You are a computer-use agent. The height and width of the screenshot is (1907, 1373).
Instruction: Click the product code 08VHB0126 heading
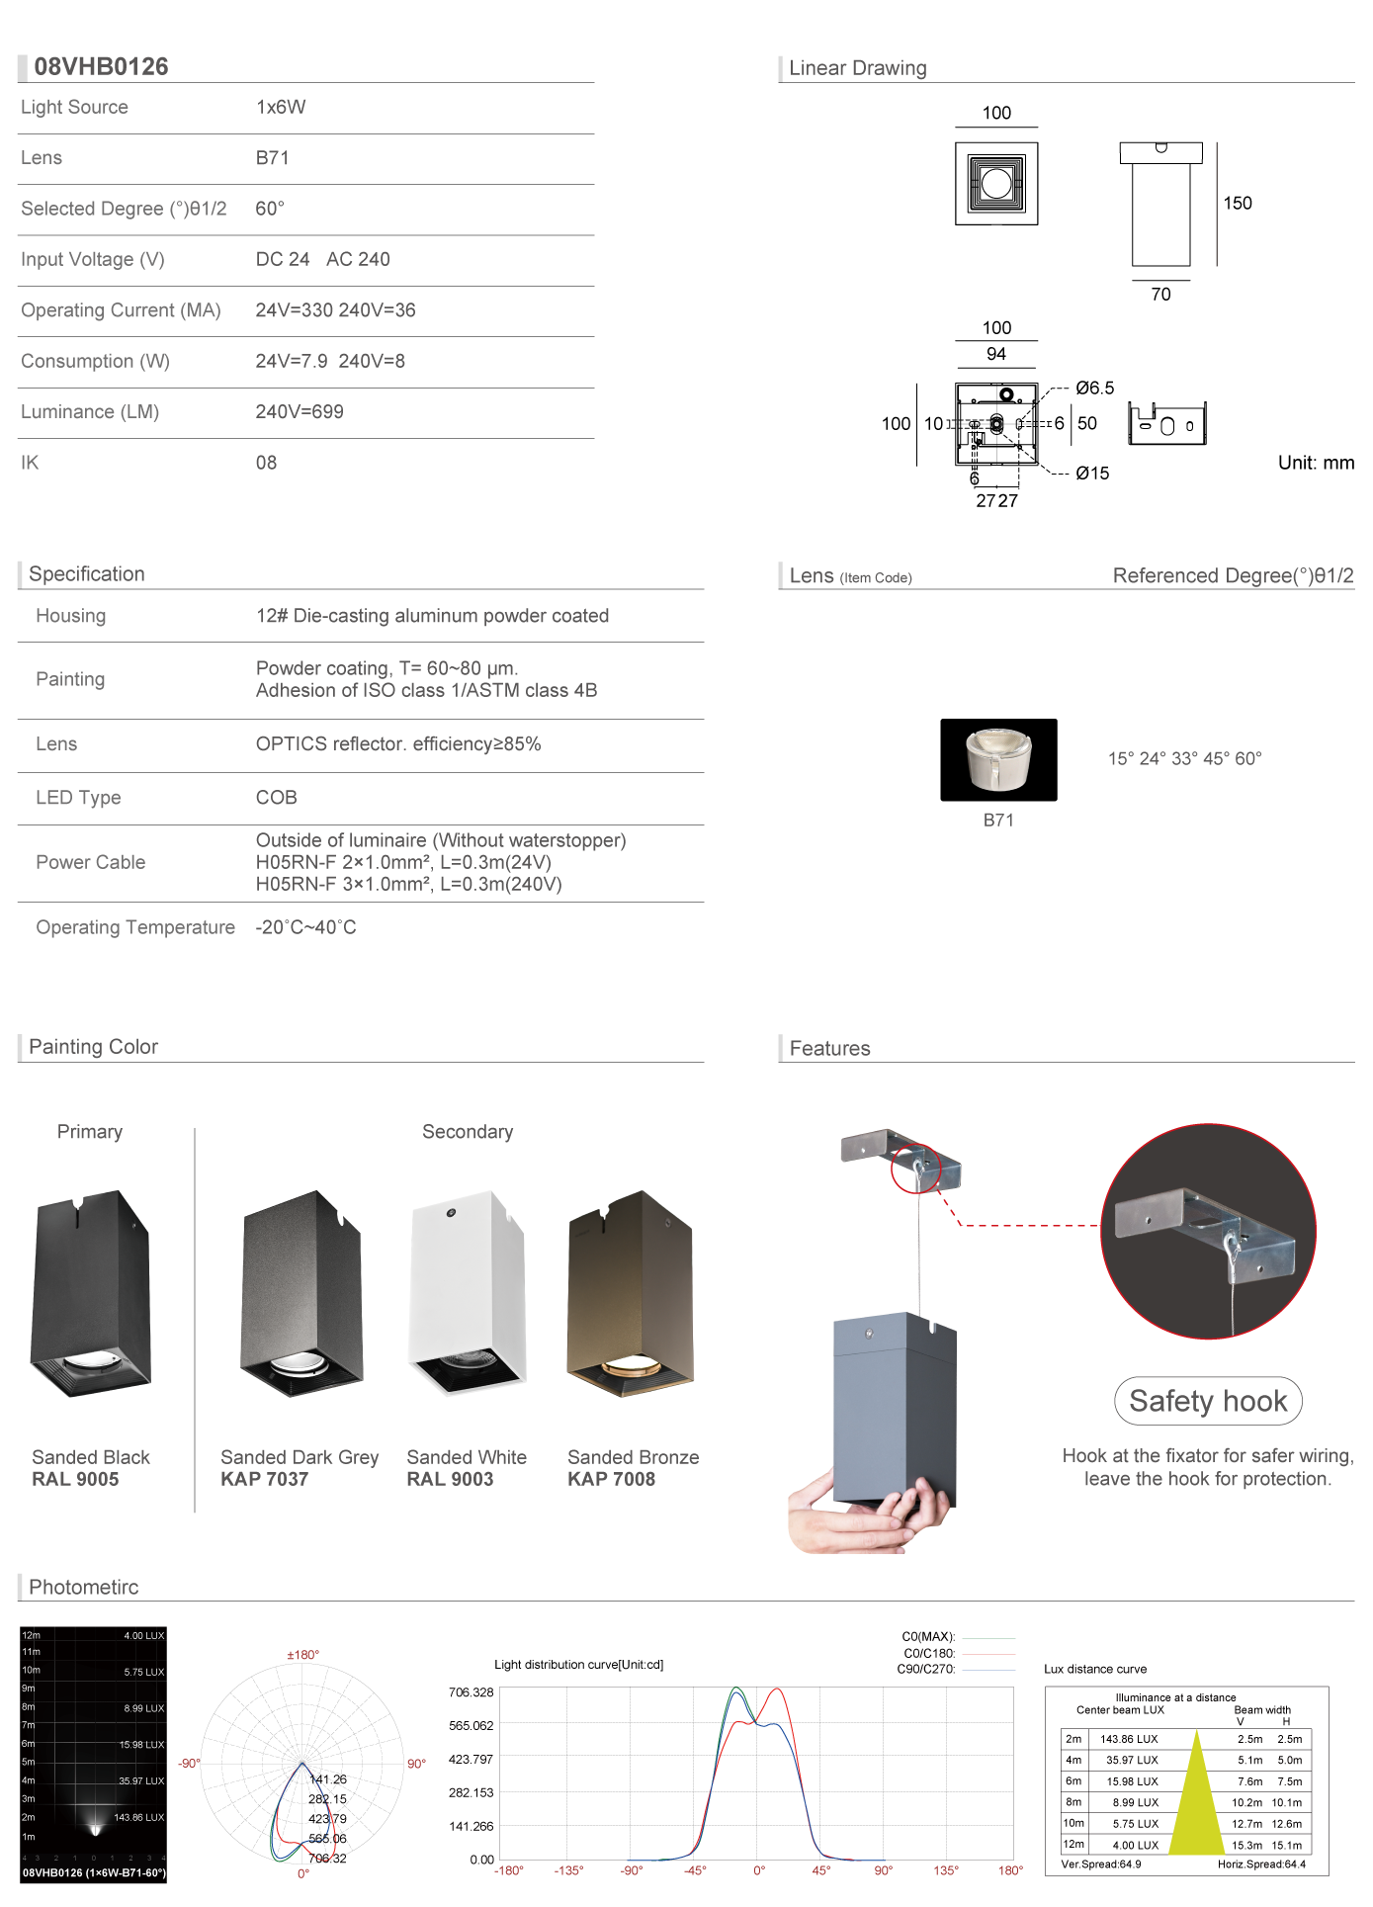(101, 66)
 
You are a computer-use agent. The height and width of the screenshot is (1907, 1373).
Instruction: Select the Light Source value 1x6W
(281, 107)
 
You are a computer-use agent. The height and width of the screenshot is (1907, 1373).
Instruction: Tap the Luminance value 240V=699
(300, 411)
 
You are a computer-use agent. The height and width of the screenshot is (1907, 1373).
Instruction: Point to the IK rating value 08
(266, 463)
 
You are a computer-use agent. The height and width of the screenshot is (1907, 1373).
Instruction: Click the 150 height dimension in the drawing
(1238, 203)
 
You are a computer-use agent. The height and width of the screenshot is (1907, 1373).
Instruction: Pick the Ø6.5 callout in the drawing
(1094, 388)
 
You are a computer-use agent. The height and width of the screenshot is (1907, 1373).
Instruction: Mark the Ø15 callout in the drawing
(1092, 474)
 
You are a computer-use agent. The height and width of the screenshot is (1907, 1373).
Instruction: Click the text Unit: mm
(1316, 463)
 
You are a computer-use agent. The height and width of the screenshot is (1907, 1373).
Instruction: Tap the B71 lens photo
(998, 759)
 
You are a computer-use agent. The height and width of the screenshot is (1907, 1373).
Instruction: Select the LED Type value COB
(276, 797)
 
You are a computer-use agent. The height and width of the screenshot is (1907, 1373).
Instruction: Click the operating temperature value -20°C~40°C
(305, 927)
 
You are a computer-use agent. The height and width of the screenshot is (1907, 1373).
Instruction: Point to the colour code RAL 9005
(75, 1479)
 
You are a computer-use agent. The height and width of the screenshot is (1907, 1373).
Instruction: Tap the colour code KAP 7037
(264, 1479)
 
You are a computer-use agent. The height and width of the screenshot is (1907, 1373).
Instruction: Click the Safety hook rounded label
(1208, 1401)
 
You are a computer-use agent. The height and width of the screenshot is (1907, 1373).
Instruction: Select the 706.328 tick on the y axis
(471, 1692)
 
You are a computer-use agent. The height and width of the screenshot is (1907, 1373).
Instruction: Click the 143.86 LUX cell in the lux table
(1129, 1739)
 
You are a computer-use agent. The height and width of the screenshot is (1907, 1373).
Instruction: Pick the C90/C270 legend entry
(926, 1669)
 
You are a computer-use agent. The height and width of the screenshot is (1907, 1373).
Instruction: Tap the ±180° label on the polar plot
(302, 1655)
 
